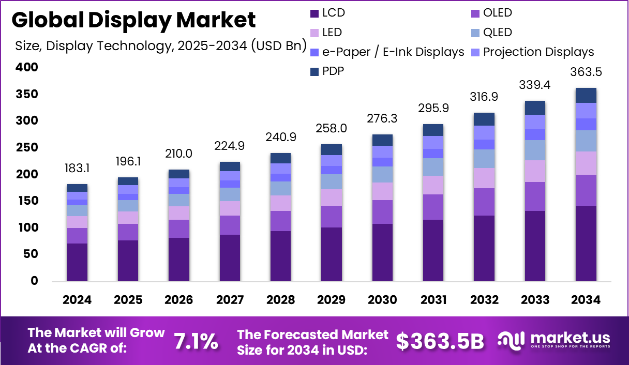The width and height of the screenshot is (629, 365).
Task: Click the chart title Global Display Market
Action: [133, 20]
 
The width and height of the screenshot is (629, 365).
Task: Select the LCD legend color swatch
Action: [314, 13]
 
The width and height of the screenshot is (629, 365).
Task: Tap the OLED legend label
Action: [497, 13]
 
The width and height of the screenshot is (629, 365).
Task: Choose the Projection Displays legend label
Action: [538, 52]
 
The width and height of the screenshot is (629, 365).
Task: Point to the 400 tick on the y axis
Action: [27, 67]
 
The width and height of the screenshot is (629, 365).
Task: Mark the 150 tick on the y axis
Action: [27, 201]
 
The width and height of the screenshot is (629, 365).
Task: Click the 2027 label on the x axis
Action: [229, 300]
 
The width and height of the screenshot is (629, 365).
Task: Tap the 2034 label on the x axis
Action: [586, 300]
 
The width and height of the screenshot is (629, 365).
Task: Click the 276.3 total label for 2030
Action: [382, 119]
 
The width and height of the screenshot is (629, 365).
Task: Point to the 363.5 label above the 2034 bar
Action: [586, 72]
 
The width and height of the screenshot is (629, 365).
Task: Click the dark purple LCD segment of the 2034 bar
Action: [586, 243]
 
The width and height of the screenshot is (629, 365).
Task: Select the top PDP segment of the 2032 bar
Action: [484, 119]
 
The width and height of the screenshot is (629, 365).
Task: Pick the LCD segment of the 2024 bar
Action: [77, 262]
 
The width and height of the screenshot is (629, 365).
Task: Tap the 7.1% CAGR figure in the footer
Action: [196, 341]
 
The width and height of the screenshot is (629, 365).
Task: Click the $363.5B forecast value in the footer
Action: [440, 341]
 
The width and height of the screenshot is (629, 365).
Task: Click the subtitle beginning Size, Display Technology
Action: [161, 45]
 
